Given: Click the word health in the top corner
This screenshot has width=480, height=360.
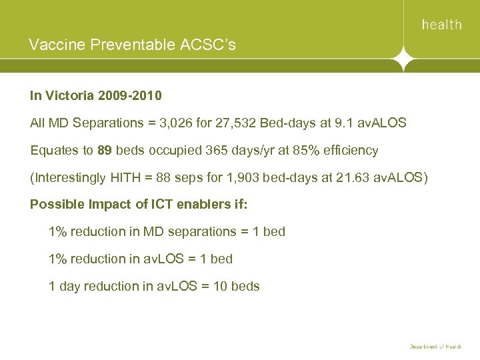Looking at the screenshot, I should (441, 25).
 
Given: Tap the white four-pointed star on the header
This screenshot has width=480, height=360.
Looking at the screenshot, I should (403, 59).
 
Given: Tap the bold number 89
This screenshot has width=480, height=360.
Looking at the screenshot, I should (104, 151).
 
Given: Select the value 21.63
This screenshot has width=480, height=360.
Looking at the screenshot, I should (347, 178).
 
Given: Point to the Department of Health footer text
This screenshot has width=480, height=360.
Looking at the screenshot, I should (435, 347).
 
